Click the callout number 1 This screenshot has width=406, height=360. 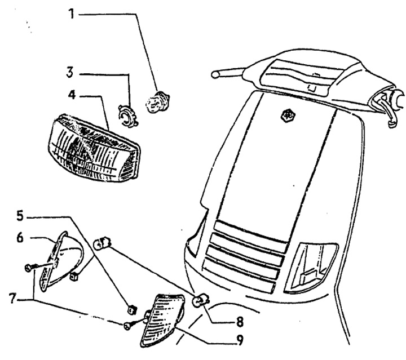[71, 12]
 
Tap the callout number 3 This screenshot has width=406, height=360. [70, 73]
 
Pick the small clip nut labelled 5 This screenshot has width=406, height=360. [133, 308]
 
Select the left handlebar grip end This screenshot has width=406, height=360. [215, 74]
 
